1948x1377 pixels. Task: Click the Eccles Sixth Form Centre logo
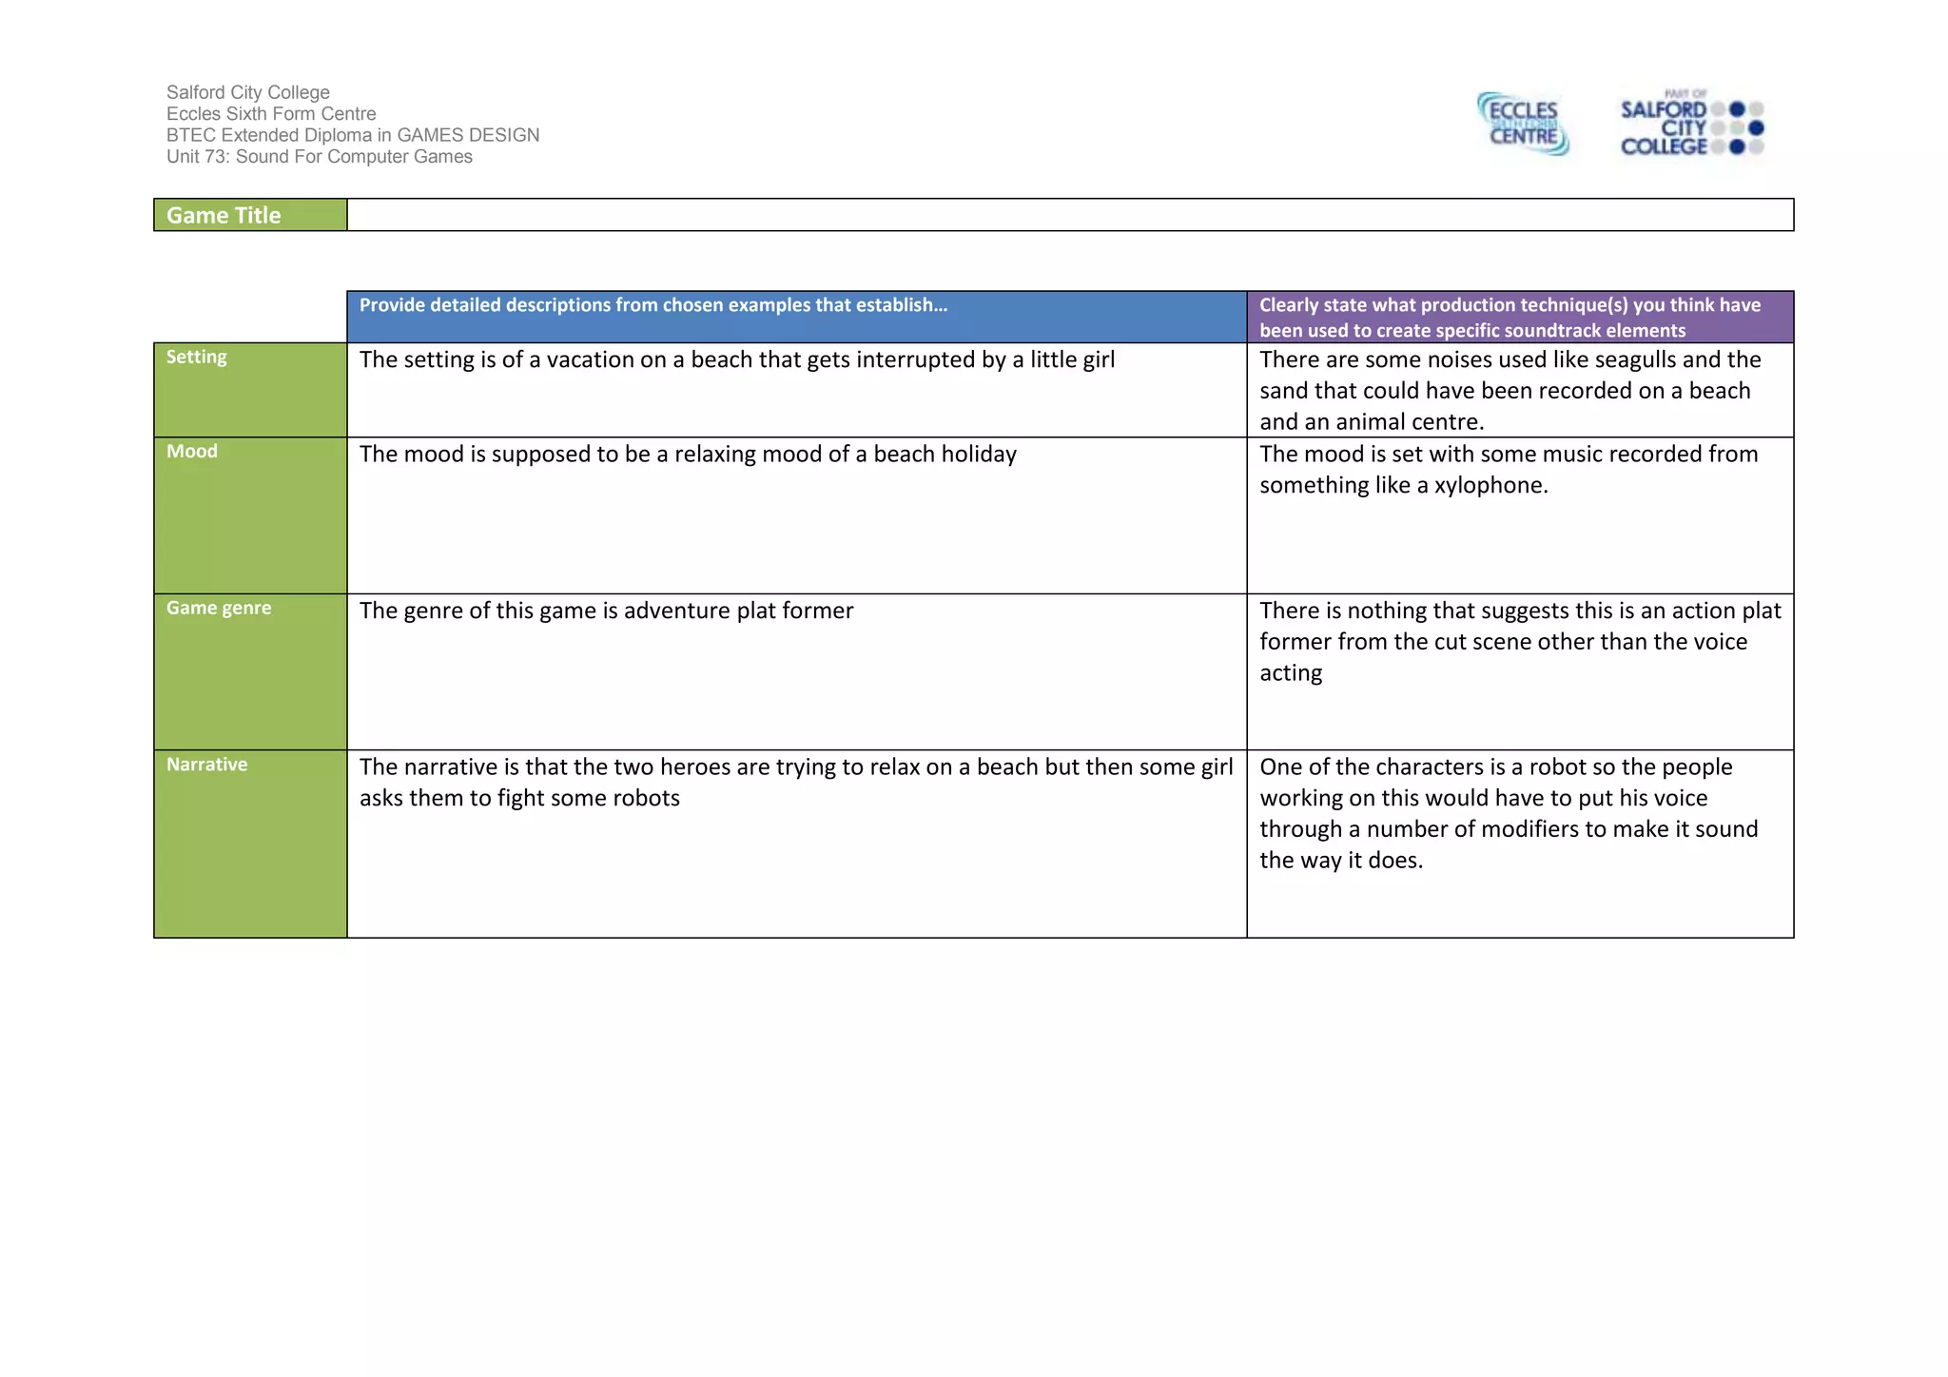pos(1522,124)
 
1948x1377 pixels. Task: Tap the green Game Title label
pos(224,215)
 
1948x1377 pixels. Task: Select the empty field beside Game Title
pos(1069,215)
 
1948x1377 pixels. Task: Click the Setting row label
pos(197,357)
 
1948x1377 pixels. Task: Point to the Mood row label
pos(192,451)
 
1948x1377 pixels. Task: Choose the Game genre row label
pos(219,608)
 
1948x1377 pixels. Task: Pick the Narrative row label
pos(206,765)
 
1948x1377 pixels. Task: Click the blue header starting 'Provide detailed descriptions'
pos(653,305)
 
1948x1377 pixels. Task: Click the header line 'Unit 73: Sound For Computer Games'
pos(320,157)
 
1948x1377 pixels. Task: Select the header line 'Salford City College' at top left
pos(248,92)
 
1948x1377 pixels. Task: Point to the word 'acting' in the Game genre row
pos(1291,673)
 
